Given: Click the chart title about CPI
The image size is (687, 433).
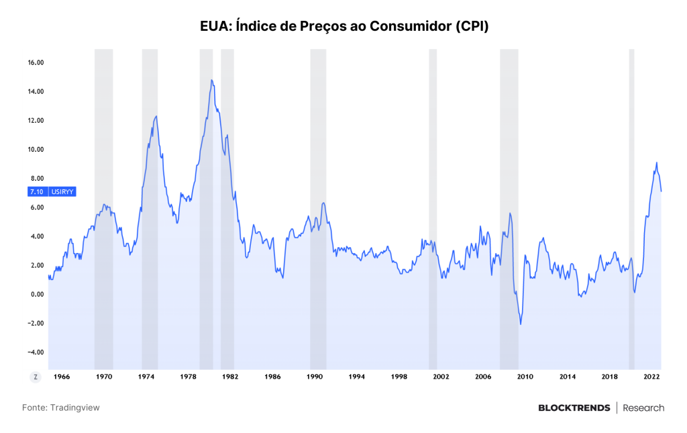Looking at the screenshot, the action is coord(344,26).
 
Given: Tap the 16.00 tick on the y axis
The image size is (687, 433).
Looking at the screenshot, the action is coord(36,62).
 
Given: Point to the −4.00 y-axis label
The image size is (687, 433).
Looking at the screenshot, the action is coord(36,352).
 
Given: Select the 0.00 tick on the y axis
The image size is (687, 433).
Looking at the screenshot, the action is coord(38,295).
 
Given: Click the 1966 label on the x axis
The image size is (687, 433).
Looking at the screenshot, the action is coord(62,377).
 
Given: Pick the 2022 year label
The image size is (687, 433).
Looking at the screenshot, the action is coord(651,377).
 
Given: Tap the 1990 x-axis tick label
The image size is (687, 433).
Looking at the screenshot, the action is coord(315,377).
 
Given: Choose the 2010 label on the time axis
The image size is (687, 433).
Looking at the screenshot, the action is coord(525,377).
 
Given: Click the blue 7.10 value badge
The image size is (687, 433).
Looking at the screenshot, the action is coord(37,191).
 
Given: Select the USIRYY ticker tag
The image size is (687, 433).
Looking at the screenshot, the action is coord(62,191).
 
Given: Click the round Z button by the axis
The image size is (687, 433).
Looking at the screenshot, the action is coord(36,377).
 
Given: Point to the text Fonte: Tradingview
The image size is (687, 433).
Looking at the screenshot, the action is coord(61,407).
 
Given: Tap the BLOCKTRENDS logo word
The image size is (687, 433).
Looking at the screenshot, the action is coord(574,408).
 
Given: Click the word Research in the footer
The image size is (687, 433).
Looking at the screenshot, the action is coord(643,408).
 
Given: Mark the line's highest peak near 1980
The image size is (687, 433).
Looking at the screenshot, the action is coord(211,80).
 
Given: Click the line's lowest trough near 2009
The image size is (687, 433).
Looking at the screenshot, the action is coord(521,324).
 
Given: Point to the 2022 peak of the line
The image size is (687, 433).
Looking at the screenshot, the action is coord(656,162).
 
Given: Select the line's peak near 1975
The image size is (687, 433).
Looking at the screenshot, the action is coord(156,116).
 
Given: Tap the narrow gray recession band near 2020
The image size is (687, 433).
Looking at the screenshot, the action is coord(632,209).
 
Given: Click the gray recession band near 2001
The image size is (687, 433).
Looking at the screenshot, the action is coord(433,209).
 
